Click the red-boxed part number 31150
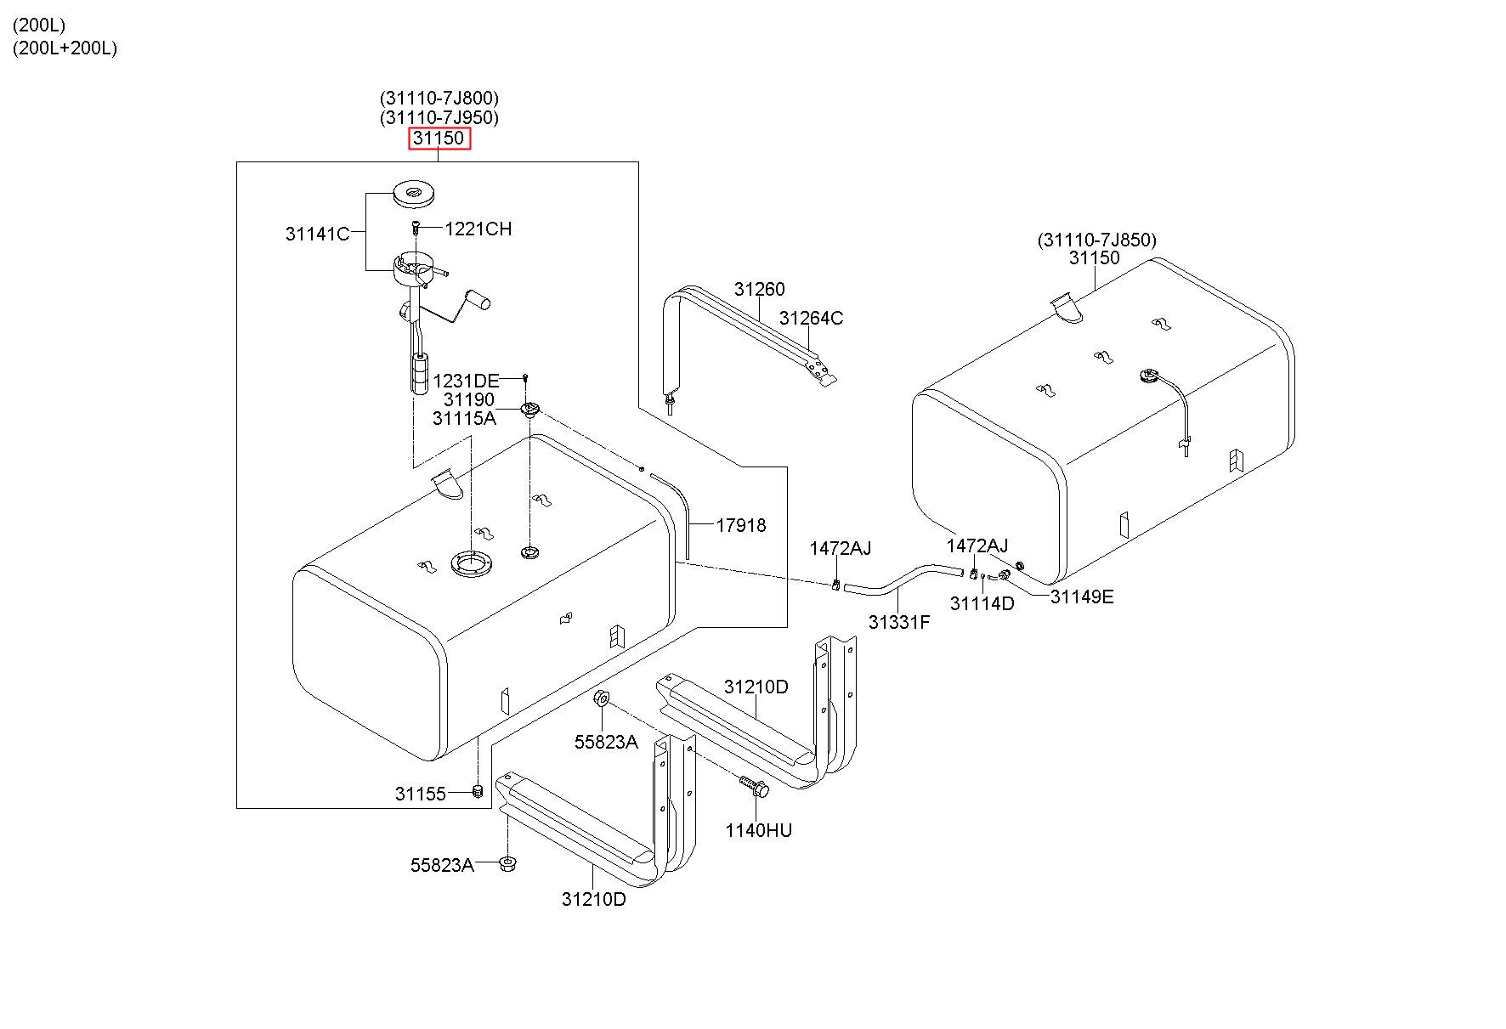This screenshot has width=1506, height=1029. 439,139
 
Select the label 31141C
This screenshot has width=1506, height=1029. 317,234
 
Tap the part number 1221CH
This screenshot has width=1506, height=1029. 478,229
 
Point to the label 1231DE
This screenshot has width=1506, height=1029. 466,381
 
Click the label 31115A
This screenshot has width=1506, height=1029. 463,418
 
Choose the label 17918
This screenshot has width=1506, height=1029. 740,525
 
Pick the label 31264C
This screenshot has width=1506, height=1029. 811,318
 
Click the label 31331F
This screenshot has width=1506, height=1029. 898,622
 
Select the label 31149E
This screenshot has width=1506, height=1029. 1081,596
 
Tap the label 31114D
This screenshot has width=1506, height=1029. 982,604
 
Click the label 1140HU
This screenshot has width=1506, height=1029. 758,830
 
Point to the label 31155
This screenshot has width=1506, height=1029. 420,794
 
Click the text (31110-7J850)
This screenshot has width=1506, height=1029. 1096,240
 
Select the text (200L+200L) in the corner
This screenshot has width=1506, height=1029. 65,48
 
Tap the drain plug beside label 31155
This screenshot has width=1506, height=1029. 478,792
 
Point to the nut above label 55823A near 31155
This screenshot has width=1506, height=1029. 600,698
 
